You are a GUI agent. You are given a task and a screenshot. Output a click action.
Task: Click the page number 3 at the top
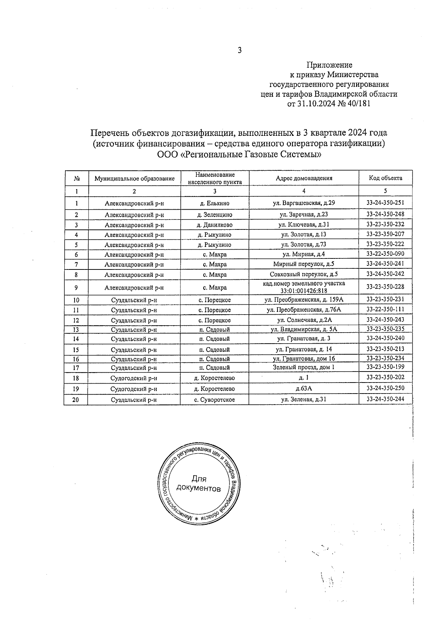[240, 51]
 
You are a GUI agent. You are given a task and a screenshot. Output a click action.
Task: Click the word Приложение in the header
[329, 65]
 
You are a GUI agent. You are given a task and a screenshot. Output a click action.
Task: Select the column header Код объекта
[386, 178]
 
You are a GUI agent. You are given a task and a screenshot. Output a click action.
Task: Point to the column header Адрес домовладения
[304, 178]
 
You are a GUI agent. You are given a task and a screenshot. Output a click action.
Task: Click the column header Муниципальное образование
[134, 178]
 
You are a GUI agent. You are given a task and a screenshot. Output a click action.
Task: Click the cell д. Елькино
[215, 203]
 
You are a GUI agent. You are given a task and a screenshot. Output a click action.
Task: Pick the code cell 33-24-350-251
[386, 202]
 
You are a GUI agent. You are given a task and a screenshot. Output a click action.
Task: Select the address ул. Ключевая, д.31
[304, 225]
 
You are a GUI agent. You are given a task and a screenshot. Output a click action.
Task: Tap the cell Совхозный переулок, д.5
[304, 274]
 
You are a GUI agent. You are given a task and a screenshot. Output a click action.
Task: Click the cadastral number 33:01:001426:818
[304, 291]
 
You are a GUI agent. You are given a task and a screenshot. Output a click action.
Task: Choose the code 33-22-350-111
[386, 309]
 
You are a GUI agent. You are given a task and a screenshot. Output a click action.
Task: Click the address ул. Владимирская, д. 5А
[304, 329]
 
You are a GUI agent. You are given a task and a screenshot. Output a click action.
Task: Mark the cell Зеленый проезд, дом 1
[304, 367]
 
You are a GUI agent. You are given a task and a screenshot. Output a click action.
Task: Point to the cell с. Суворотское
[215, 400]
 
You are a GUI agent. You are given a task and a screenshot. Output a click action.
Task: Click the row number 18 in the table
[76, 378]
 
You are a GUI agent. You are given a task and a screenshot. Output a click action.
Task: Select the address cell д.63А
[304, 388]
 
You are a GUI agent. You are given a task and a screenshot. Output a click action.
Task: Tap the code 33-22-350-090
[386, 254]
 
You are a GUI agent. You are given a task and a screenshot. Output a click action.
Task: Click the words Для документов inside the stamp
[199, 484]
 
